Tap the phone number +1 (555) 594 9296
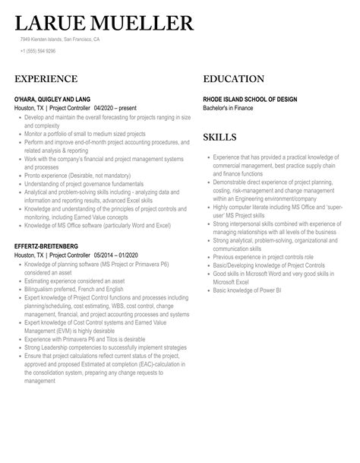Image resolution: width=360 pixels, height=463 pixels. (x=38, y=51)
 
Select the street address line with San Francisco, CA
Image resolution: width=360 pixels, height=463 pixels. (x=60, y=39)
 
